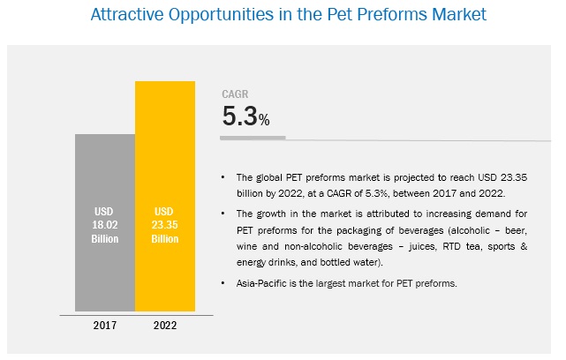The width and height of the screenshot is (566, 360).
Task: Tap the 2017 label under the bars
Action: [x=105, y=326]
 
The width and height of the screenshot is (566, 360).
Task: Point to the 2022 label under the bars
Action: [x=164, y=326]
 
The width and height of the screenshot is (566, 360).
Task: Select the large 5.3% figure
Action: [x=245, y=117]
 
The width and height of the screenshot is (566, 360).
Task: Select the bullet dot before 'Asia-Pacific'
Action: [x=227, y=281]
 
